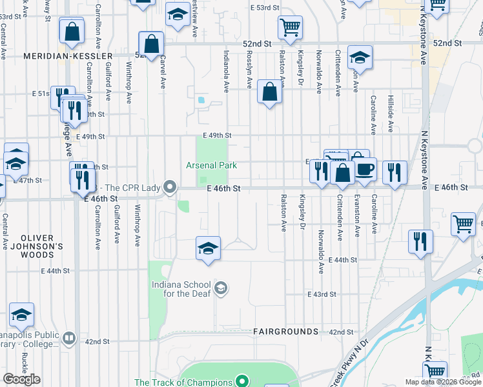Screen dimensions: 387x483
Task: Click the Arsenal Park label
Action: coord(212,166)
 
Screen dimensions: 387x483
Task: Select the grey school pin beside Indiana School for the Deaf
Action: coord(221,288)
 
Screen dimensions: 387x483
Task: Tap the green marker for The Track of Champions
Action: coord(242,382)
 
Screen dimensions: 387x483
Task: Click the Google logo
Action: coord(21,379)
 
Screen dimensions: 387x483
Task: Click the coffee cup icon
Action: coord(365,170)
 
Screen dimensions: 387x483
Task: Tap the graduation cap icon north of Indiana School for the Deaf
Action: coord(208,248)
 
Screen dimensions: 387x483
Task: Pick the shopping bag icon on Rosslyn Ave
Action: coord(269,92)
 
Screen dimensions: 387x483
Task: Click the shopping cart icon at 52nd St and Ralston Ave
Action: coord(290,27)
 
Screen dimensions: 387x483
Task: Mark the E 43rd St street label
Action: coord(323,294)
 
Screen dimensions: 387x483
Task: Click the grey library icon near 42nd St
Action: coord(69,337)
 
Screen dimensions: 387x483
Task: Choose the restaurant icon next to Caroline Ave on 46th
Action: coord(394,172)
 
